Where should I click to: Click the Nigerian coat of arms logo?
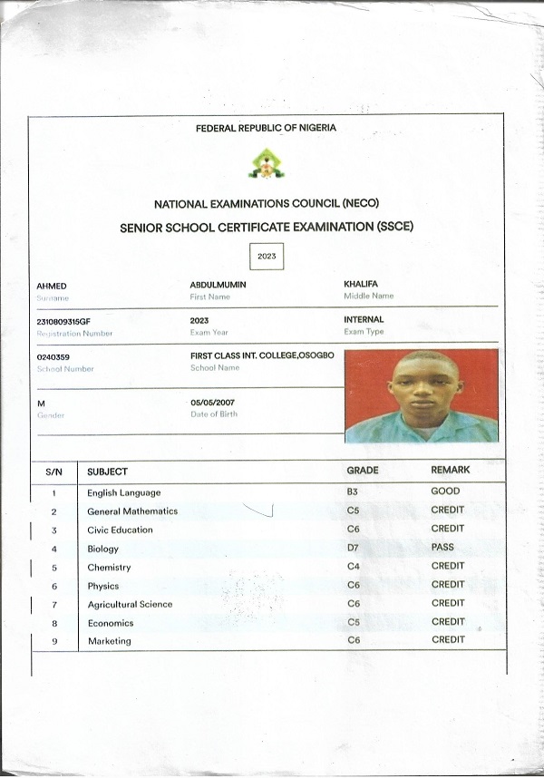266,163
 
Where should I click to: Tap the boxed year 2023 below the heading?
267,257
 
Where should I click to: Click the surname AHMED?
52,286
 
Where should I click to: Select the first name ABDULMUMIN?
219,285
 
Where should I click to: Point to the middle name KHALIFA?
362,284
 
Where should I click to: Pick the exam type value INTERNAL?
364,320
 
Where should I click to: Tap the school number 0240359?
53,357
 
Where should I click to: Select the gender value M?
41,403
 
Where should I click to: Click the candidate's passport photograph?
421,395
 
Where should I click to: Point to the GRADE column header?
363,471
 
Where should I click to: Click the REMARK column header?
451,471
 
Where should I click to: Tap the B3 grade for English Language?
354,492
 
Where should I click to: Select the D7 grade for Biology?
354,548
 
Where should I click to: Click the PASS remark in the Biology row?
443,548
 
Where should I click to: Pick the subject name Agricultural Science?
130,604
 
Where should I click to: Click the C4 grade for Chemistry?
354,567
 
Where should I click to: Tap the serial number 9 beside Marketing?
54,641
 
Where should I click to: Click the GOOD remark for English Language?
446,491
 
